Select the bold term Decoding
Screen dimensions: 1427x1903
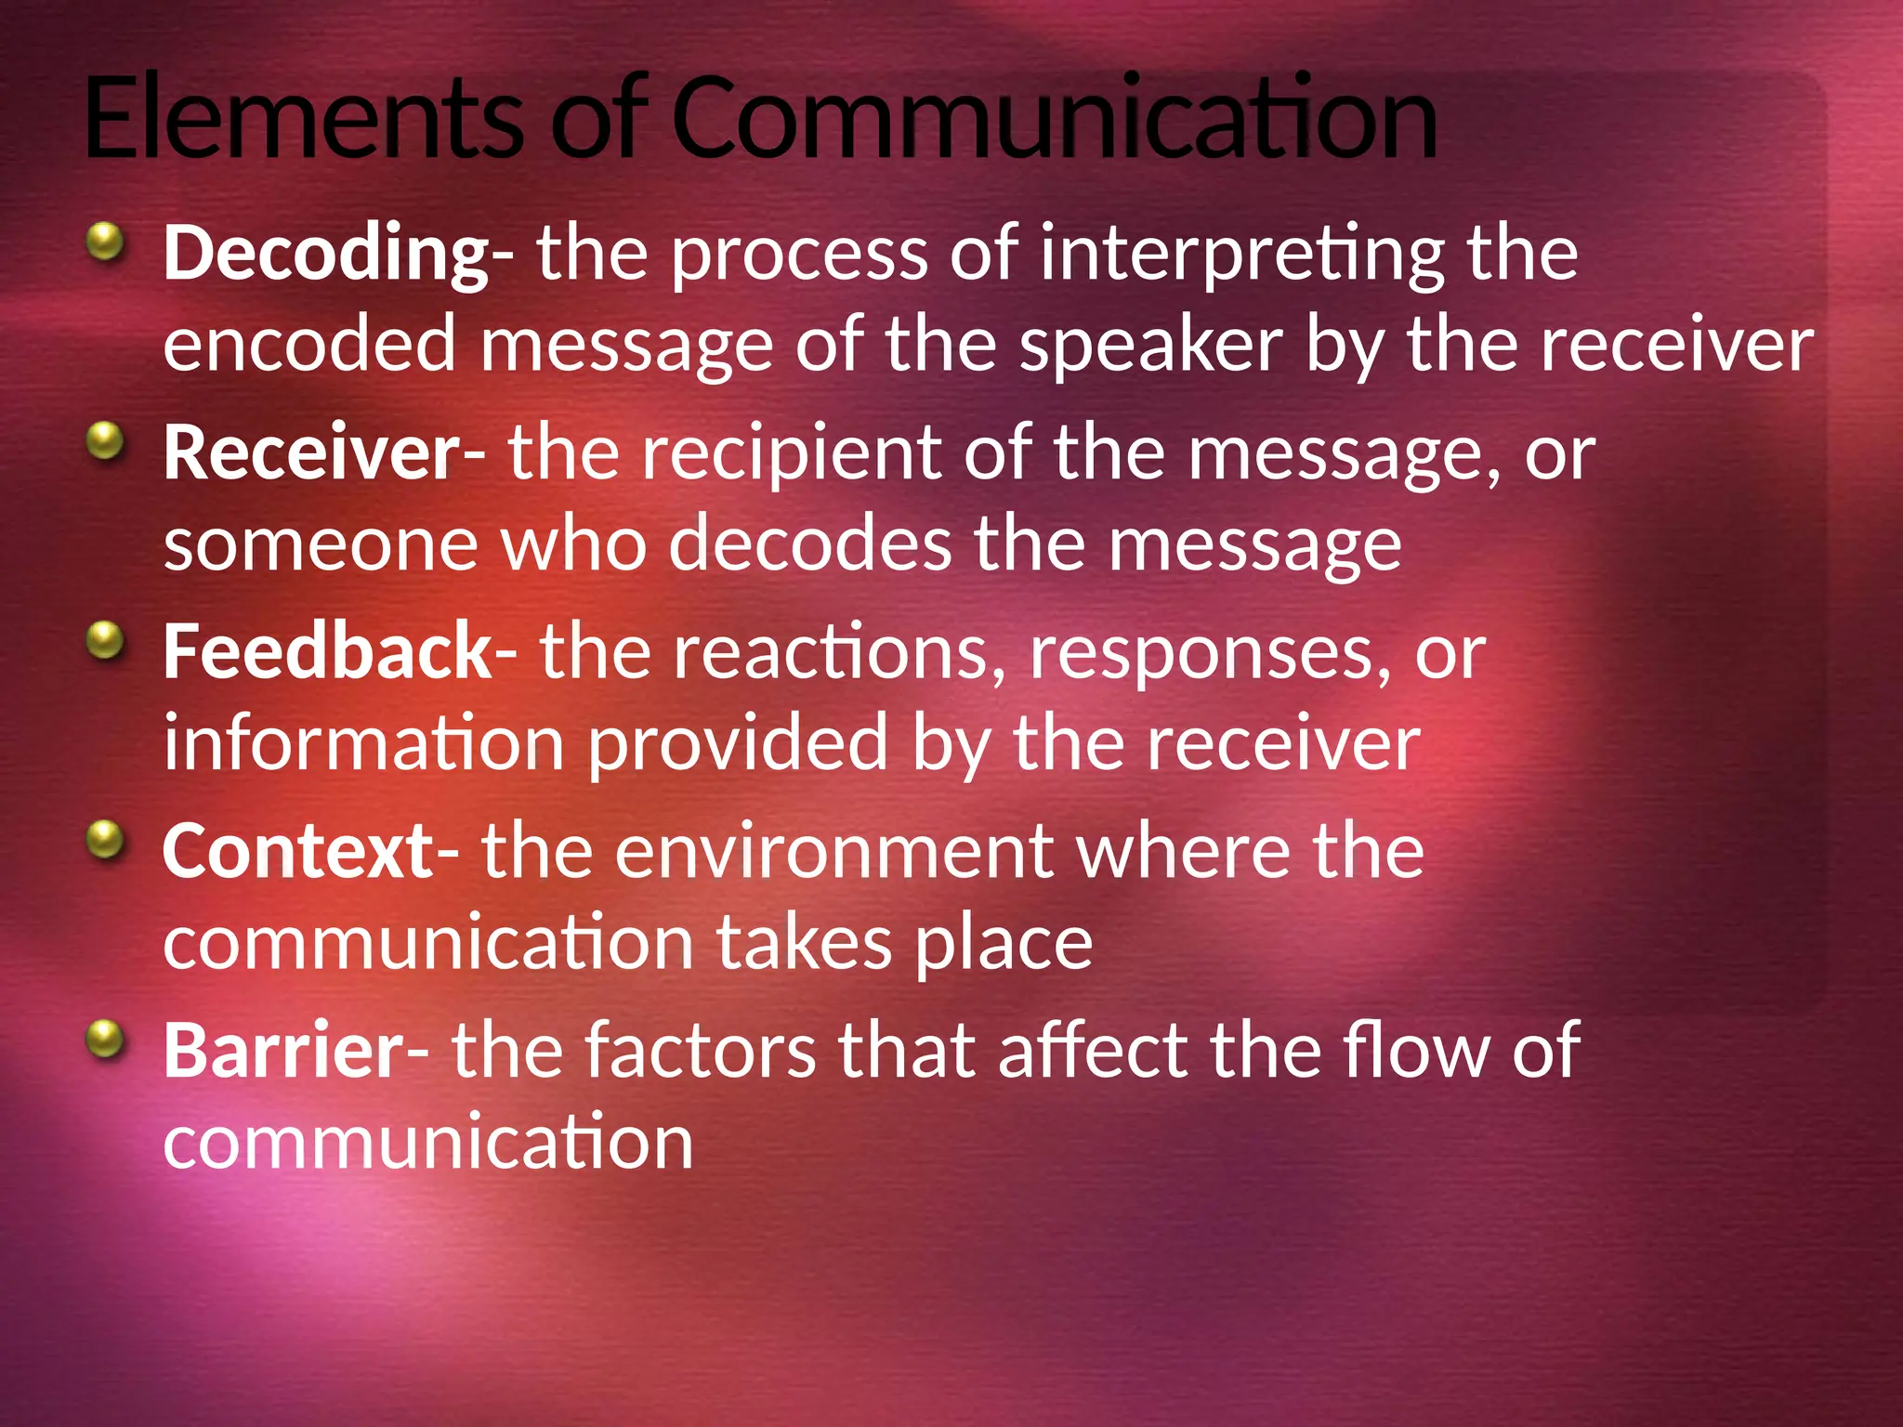(x=326, y=255)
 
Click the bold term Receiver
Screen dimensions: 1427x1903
(x=312, y=453)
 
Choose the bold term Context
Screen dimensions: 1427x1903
(x=298, y=852)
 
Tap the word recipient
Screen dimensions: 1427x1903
(x=791, y=453)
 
